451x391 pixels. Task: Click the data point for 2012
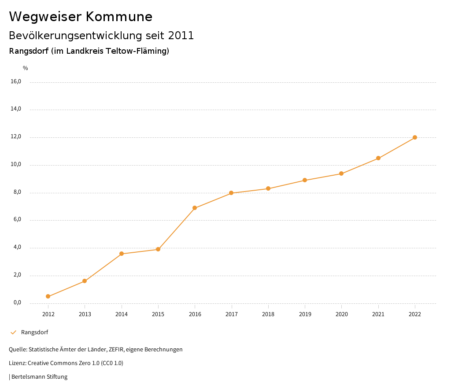(48, 296)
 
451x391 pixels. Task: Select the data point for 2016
(195, 208)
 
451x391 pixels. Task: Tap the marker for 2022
(415, 137)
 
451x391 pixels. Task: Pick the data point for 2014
(122, 254)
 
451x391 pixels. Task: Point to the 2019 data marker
(305, 180)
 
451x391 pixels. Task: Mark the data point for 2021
(378, 158)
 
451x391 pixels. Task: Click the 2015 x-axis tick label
(158, 314)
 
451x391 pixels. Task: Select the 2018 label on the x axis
(268, 314)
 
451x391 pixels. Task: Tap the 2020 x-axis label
(342, 314)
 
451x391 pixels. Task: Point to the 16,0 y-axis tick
(16, 81)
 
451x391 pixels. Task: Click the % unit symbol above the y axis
(26, 68)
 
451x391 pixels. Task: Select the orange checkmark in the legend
(13, 332)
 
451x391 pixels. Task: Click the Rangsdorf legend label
(34, 332)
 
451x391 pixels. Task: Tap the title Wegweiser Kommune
(81, 17)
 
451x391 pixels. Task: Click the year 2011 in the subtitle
(181, 36)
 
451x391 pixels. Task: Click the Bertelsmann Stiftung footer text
(39, 377)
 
